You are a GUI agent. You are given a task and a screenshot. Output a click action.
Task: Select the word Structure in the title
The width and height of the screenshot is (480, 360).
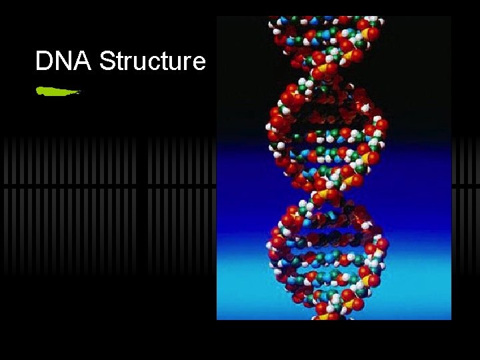coord(153,61)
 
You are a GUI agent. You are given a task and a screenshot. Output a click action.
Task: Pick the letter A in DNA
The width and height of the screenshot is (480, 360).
coord(83,61)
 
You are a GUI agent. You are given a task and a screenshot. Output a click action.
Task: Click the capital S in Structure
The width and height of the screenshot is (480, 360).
coord(107,61)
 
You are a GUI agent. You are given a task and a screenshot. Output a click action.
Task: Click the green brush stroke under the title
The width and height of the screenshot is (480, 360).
coord(57,91)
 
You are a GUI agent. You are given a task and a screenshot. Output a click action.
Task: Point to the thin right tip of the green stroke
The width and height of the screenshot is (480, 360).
coord(79,92)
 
